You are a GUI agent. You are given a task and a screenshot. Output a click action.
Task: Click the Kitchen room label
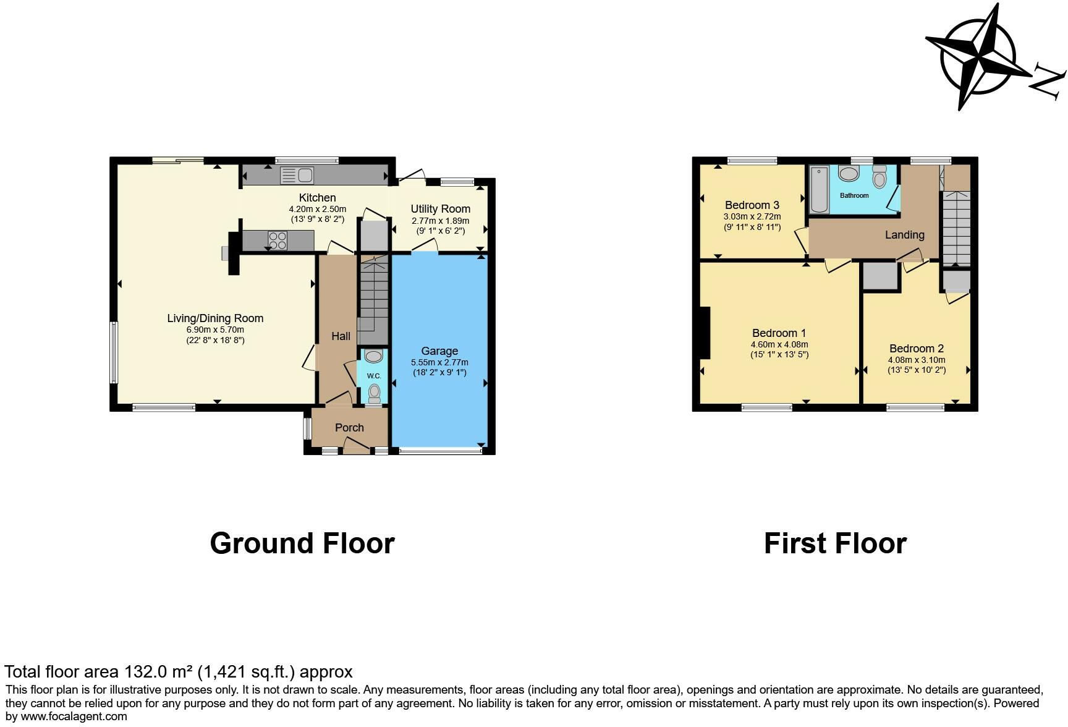317,198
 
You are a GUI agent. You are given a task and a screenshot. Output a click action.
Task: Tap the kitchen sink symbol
297,175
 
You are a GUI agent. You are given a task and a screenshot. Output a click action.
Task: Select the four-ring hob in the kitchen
278,240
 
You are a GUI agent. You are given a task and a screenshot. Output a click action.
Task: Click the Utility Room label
440,209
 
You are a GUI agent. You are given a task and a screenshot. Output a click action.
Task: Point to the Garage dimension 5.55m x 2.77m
439,363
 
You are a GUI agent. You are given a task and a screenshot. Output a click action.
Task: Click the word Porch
349,428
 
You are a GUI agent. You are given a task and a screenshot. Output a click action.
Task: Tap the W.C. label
373,376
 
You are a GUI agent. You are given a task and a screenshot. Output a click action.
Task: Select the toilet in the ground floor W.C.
374,393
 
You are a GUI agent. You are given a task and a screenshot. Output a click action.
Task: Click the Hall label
341,336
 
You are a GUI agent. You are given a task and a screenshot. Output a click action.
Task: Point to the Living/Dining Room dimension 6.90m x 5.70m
215,330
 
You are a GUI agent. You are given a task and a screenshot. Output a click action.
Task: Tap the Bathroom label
854,195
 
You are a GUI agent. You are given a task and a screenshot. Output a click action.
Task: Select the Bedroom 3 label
752,205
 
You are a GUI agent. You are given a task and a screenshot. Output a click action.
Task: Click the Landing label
904,235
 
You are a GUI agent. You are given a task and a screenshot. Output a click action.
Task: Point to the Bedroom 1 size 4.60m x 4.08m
779,345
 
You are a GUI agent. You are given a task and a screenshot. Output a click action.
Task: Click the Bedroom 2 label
916,349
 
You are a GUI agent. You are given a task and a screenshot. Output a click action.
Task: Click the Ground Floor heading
302,543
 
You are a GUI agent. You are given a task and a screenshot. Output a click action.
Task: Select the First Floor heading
834,543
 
